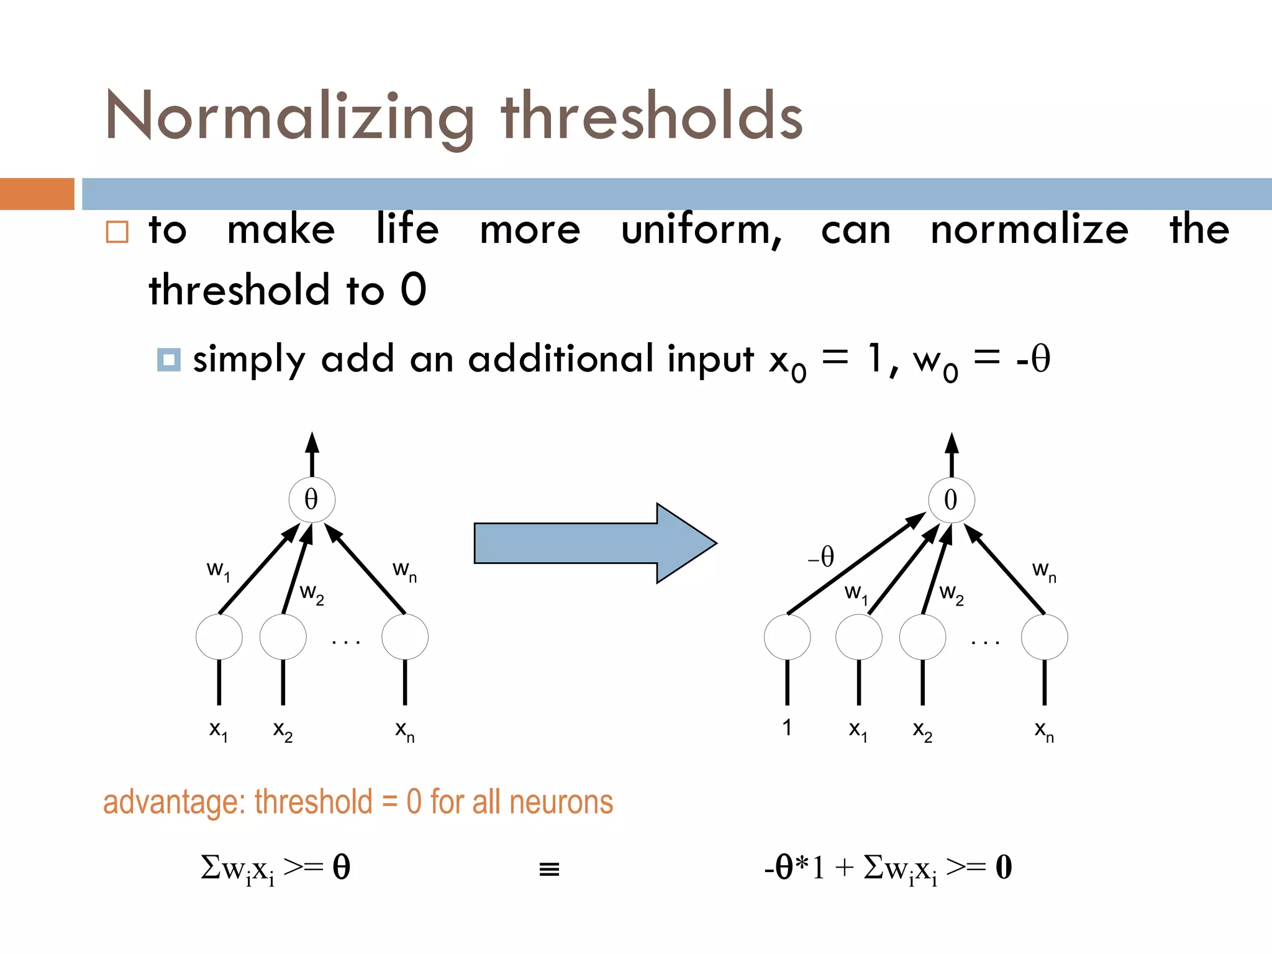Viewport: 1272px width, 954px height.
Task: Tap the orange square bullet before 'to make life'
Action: click(117, 232)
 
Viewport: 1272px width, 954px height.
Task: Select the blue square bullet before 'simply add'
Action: click(168, 360)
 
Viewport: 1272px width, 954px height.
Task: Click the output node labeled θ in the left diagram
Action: click(312, 500)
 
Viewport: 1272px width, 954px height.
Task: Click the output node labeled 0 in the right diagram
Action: click(951, 500)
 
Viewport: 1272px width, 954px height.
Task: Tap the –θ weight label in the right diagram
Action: click(821, 556)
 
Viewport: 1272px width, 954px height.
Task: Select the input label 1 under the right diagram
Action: click(787, 727)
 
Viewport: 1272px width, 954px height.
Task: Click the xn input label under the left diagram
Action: click(405, 731)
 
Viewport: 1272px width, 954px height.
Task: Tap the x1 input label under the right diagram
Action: click(858, 731)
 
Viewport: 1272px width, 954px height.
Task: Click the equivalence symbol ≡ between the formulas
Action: click(549, 869)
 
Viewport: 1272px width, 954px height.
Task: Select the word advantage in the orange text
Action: click(174, 802)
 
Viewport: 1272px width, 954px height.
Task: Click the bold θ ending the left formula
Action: click(341, 867)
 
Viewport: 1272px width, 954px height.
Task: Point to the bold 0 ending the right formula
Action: click(1004, 867)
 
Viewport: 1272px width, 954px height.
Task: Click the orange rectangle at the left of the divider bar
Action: click(37, 194)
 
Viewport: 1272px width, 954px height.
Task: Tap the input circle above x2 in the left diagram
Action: click(283, 637)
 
